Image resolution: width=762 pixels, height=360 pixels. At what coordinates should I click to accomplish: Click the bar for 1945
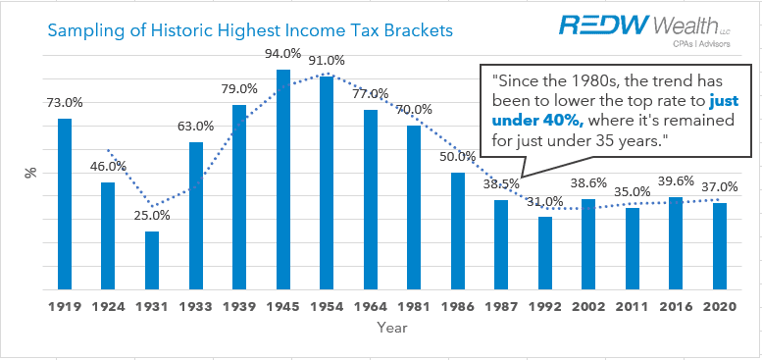coord(282,180)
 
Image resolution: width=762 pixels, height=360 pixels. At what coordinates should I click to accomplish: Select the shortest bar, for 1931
coord(152,261)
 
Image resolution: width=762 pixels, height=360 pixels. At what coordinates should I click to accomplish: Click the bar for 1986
coord(457,231)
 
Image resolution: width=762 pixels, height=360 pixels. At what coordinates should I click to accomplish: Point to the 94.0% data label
coord(282,53)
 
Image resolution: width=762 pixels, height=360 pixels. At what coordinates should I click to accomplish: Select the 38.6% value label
coord(588,182)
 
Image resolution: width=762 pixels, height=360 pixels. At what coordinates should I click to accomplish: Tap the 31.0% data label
coord(544,201)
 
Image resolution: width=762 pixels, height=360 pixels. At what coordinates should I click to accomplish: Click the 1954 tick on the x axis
coord(327,307)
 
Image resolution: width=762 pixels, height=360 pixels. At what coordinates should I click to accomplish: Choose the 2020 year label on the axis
coord(719,307)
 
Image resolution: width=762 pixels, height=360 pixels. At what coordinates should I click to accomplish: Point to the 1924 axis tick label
coord(109,307)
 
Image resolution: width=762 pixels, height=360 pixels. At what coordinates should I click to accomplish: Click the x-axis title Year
coord(391,329)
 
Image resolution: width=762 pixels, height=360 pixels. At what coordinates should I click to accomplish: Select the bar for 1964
coord(370,200)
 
